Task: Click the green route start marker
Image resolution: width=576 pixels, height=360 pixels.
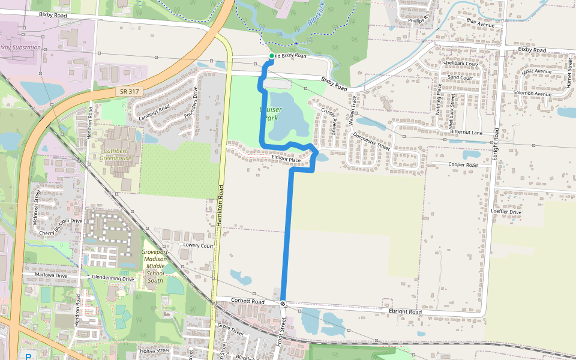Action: point(272,56)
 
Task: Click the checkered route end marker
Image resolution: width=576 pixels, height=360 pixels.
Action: point(283,304)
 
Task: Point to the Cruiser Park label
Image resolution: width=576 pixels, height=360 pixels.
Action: point(270,114)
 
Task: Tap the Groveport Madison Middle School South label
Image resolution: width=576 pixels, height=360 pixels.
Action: point(155,266)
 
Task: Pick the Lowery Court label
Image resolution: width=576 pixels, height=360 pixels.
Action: point(199,245)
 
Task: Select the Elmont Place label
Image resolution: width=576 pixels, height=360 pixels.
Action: point(286,160)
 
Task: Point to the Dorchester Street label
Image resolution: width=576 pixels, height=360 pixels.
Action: point(371,142)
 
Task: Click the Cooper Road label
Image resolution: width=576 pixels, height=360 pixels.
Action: point(463,164)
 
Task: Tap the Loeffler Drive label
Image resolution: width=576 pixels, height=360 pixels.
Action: point(506,212)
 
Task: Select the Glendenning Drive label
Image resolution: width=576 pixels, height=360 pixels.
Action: point(113,278)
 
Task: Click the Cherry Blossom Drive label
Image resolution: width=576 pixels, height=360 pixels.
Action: point(61,227)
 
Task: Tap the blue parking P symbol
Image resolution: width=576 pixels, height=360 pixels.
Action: point(28,356)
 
